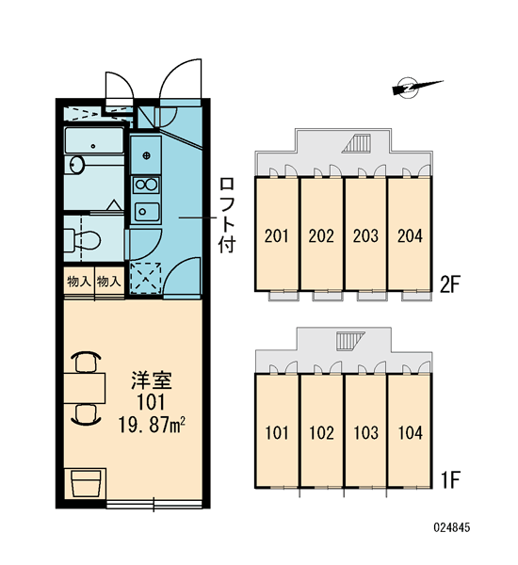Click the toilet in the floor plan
pyautogui.click(x=82, y=239)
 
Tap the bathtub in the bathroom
pyautogui.click(x=94, y=140)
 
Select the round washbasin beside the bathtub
pyautogui.click(x=76, y=165)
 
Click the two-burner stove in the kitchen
pyautogui.click(x=146, y=186)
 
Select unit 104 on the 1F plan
pyautogui.click(x=411, y=431)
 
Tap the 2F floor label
pyautogui.click(x=450, y=284)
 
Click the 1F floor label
pyautogui.click(x=450, y=479)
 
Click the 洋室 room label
pyautogui.click(x=152, y=381)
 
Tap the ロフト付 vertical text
pyautogui.click(x=227, y=215)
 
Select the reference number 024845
pyautogui.click(x=452, y=527)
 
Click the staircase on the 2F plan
pyautogui.click(x=358, y=143)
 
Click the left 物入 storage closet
pyautogui.click(x=79, y=282)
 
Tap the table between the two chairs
pyautogui.click(x=85, y=388)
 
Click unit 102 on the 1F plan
pyautogui.click(x=321, y=431)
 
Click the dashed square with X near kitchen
pyautogui.click(x=146, y=278)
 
